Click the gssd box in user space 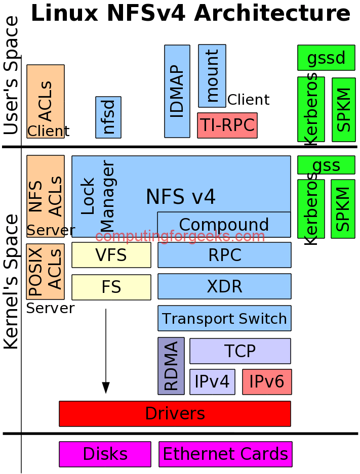[x=326, y=58]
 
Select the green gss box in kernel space [x=326, y=165]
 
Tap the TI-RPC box [x=227, y=125]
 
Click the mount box [x=212, y=76]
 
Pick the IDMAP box [x=177, y=91]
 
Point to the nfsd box [x=108, y=117]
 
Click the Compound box [x=224, y=225]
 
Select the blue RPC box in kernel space [x=224, y=255]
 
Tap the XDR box [x=224, y=286]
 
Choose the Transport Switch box [x=224, y=318]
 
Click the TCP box [x=240, y=351]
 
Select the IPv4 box [x=212, y=382]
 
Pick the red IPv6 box [x=267, y=382]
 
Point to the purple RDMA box [x=171, y=366]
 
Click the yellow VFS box [x=111, y=255]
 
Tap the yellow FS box [x=111, y=287]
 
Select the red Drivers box [x=175, y=414]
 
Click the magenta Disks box [x=105, y=454]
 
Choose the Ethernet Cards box [x=225, y=454]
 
